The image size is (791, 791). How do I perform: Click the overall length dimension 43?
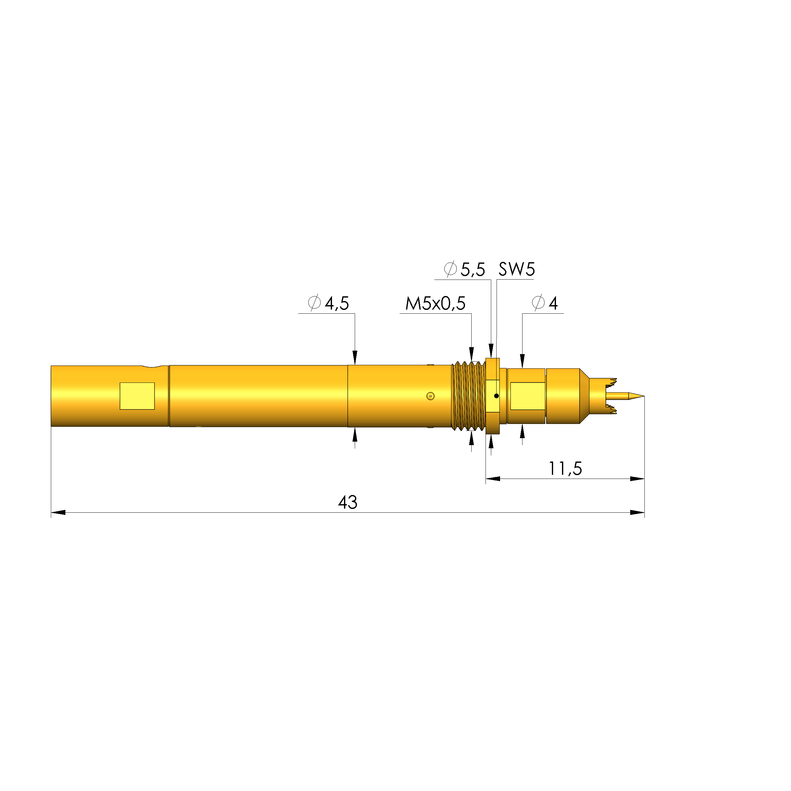347,502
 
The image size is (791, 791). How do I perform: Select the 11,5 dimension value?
565,468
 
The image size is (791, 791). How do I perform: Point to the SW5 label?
516,269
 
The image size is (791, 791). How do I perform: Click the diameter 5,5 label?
465,269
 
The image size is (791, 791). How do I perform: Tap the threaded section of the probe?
468,395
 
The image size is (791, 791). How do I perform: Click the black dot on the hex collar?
496,396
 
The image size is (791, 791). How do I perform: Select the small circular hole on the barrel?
430,396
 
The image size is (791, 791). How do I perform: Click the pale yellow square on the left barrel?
137,396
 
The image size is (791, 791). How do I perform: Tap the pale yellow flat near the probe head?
527,396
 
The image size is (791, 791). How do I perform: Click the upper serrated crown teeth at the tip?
612,383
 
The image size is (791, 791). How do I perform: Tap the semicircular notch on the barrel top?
155,366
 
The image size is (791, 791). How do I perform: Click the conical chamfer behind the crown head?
584,396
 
